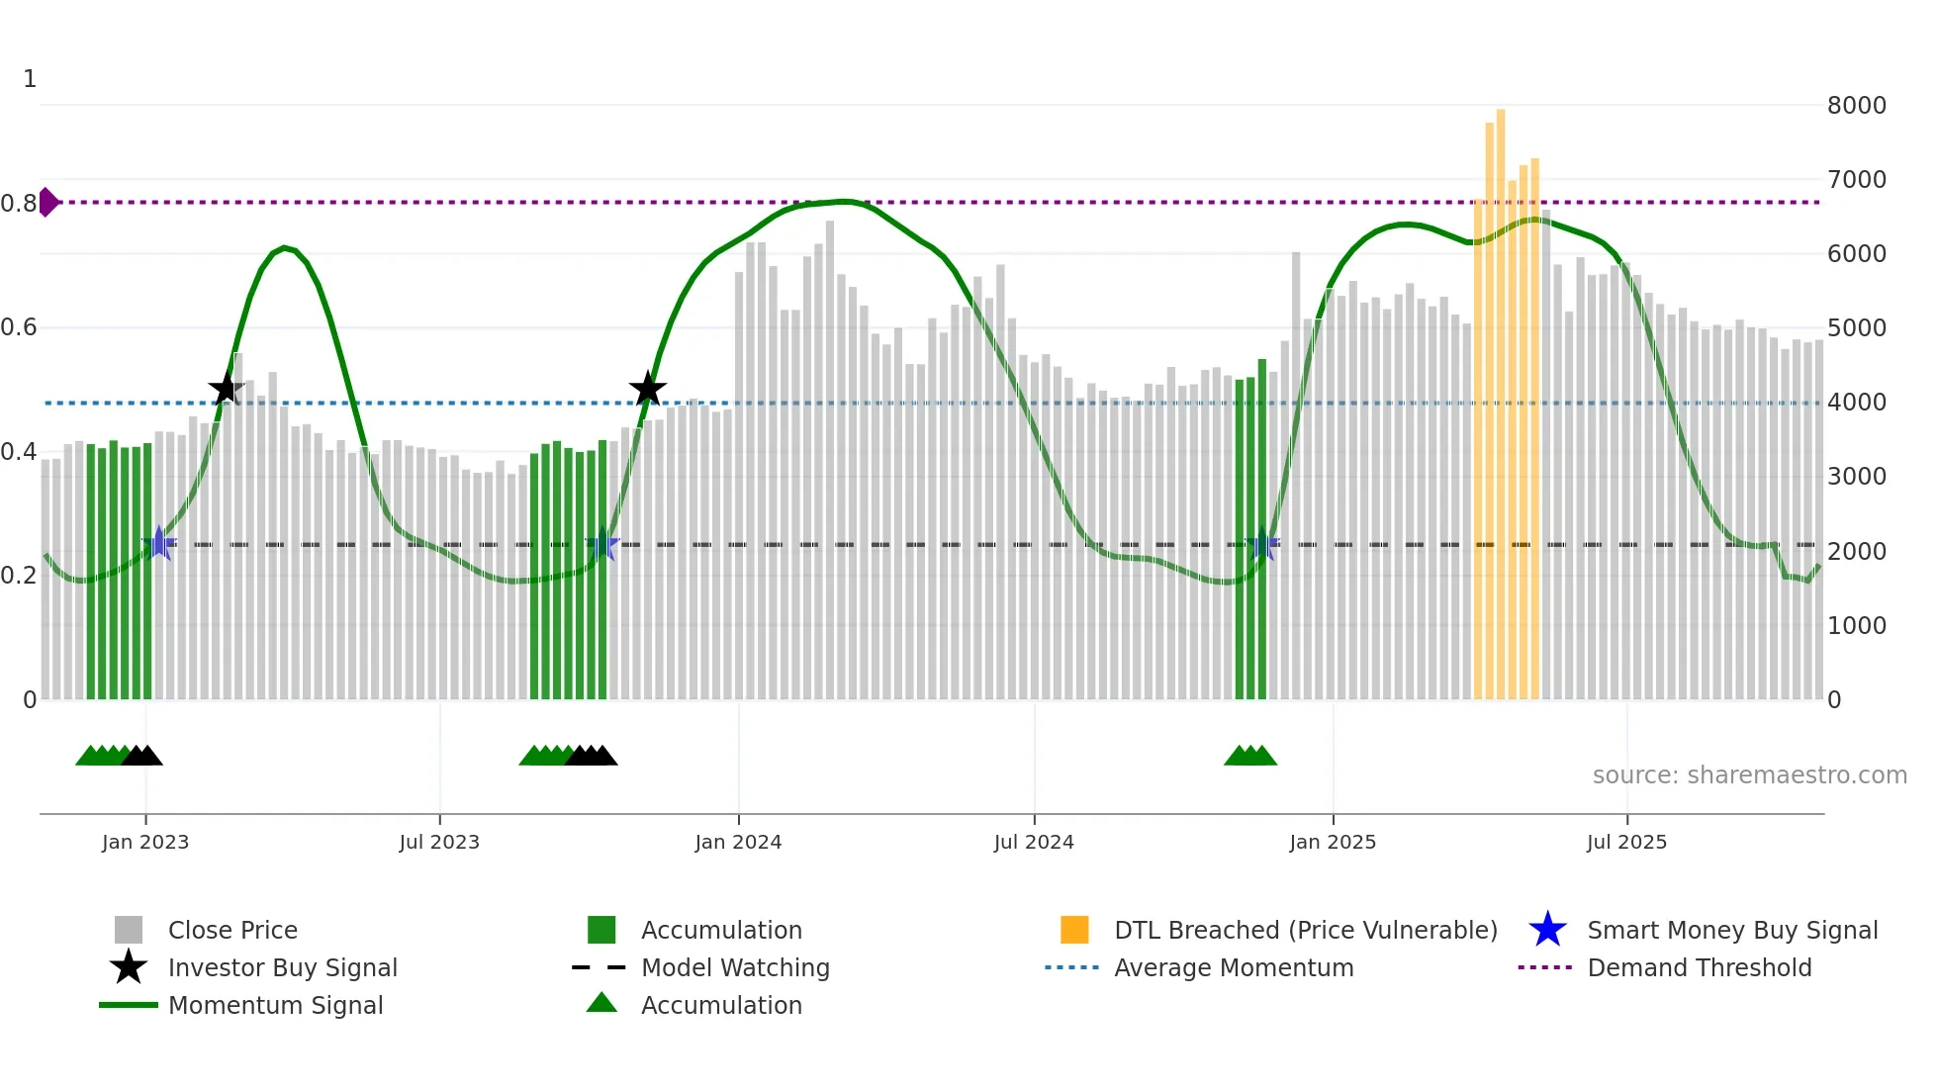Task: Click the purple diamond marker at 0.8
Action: click(x=47, y=202)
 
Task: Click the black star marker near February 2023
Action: click(x=227, y=389)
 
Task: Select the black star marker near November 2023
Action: click(x=648, y=389)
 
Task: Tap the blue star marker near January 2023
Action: click(x=159, y=543)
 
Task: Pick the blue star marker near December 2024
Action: click(x=1262, y=544)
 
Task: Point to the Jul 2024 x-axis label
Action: click(x=1034, y=842)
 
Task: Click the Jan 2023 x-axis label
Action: click(x=145, y=842)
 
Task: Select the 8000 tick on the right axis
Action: click(x=1856, y=105)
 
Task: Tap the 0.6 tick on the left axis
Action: click(x=20, y=327)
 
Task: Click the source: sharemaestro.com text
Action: click(x=1749, y=774)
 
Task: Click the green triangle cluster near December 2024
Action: click(x=1250, y=756)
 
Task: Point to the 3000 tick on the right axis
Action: click(x=1856, y=477)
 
